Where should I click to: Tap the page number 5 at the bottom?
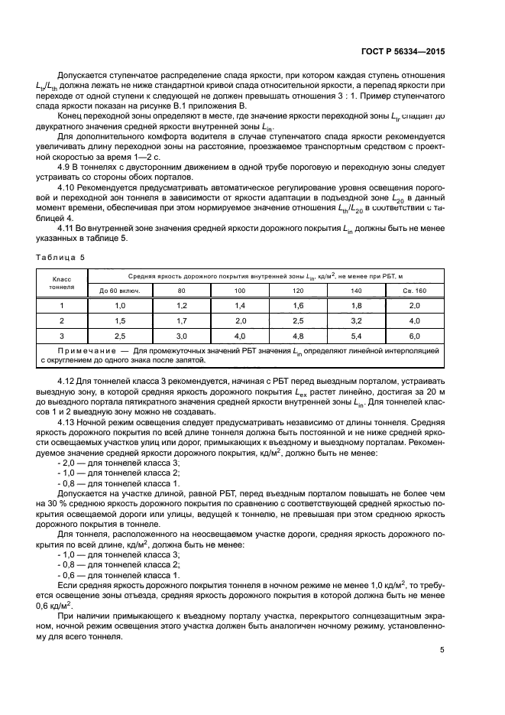[x=442, y=651]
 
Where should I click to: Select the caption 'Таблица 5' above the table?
[x=58, y=258]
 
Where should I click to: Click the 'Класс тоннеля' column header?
[x=63, y=281]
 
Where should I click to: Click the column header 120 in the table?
[x=299, y=291]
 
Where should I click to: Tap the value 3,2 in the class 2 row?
[x=357, y=320]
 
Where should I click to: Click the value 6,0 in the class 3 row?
[x=415, y=335]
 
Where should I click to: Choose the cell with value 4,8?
[x=299, y=335]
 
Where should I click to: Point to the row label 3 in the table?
[x=63, y=335]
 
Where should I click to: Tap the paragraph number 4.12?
[x=68, y=380]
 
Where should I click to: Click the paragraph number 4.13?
[x=68, y=421]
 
